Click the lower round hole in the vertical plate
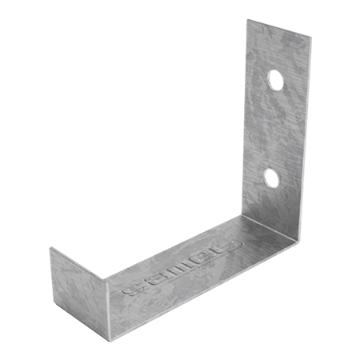(x=273, y=178)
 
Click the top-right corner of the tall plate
(x=308, y=37)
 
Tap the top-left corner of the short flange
(x=50, y=247)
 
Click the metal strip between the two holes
(x=274, y=128)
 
